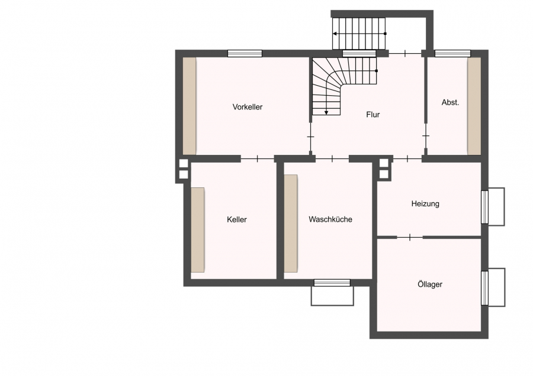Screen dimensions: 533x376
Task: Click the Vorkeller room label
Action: [248, 107]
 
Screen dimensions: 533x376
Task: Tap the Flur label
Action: [373, 115]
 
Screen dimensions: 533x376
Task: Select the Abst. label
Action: [450, 102]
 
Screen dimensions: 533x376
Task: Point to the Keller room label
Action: [237, 219]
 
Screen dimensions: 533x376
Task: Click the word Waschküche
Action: [330, 219]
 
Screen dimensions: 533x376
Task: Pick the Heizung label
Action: [425, 203]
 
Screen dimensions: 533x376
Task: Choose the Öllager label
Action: [430, 284]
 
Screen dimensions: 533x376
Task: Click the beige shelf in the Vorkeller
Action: [190, 106]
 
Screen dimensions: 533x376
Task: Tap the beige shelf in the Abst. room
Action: [474, 106]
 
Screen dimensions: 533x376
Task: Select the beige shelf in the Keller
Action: [197, 230]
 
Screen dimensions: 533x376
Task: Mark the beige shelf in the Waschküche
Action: [291, 223]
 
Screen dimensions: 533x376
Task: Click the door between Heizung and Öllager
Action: [410, 237]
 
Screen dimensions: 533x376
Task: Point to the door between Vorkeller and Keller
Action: [258, 158]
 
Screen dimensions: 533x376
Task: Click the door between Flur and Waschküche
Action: [332, 158]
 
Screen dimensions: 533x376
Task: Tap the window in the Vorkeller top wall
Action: [245, 53]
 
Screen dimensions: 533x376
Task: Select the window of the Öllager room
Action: [484, 288]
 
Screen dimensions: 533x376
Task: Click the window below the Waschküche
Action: [332, 283]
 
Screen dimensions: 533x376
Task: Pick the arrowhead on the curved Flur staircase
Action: [326, 113]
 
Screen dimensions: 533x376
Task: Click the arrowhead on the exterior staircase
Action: [335, 34]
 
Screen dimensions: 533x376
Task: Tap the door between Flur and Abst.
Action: [426, 136]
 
